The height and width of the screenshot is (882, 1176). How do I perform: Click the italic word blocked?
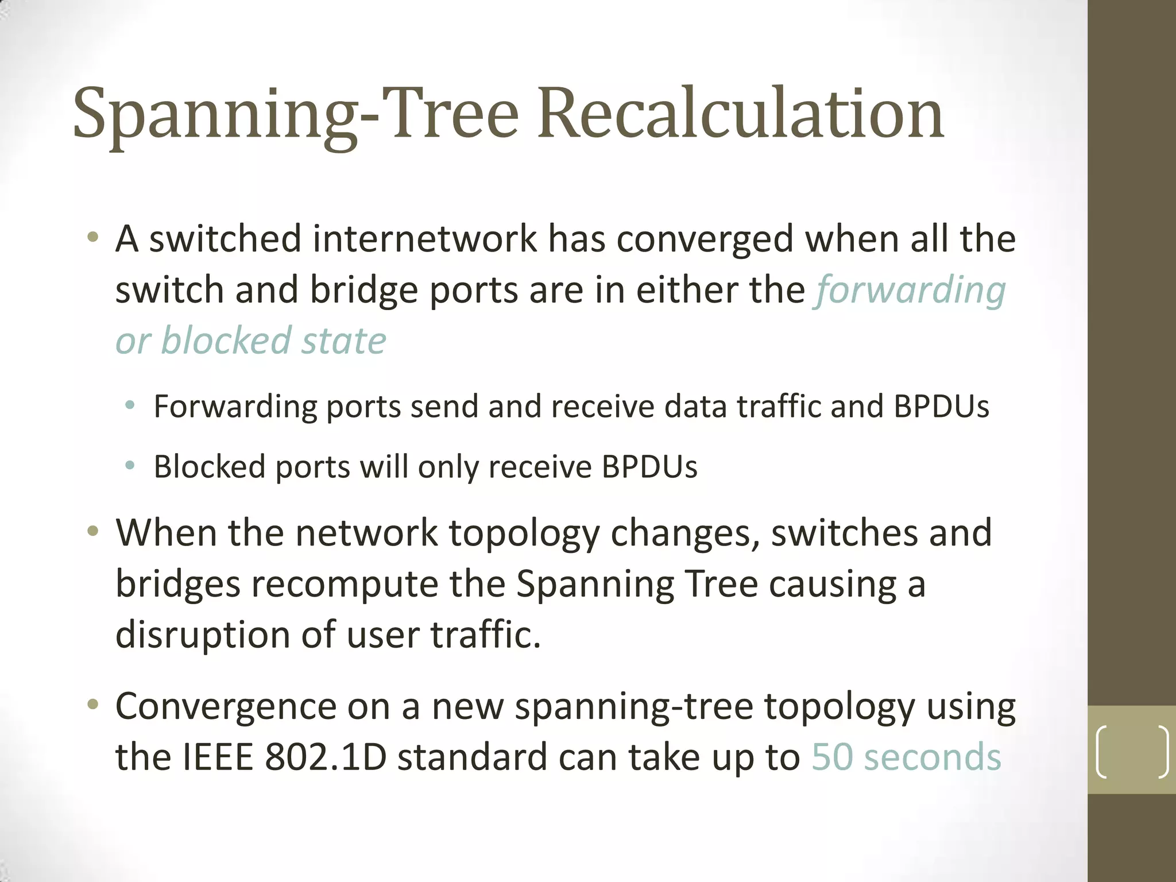click(226, 341)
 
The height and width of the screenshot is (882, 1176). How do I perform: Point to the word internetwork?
click(424, 239)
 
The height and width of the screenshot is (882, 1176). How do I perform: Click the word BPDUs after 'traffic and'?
click(941, 407)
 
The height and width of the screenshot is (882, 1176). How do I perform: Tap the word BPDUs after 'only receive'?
click(649, 466)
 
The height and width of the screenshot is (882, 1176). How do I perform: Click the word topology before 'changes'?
click(524, 533)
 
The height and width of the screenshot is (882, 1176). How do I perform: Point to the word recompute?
click(344, 584)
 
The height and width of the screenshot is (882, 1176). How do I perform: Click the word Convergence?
click(226, 706)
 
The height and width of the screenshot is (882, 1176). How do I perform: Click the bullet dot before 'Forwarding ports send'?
click(130, 406)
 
